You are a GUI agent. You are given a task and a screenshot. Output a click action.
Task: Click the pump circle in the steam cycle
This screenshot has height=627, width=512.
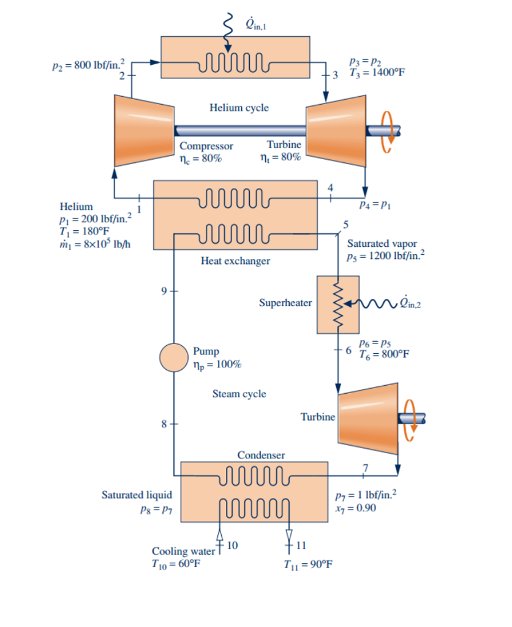click(x=174, y=358)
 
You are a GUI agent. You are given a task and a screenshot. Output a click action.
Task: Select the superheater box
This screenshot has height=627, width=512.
click(x=337, y=304)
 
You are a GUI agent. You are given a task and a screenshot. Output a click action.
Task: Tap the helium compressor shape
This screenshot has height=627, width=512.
click(x=144, y=130)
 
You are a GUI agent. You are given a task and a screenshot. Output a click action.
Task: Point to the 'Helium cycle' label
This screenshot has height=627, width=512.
click(x=239, y=108)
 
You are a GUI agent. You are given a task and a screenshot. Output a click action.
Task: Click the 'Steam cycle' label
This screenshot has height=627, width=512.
click(x=239, y=394)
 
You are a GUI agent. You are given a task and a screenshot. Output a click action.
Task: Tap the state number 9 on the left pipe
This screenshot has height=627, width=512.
click(x=164, y=290)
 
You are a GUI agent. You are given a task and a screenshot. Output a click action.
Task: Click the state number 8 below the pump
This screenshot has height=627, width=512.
click(x=164, y=423)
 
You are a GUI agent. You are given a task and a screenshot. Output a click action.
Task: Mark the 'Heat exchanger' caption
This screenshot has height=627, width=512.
click(x=235, y=261)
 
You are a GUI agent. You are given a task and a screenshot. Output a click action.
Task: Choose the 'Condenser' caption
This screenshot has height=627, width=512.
click(x=261, y=455)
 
